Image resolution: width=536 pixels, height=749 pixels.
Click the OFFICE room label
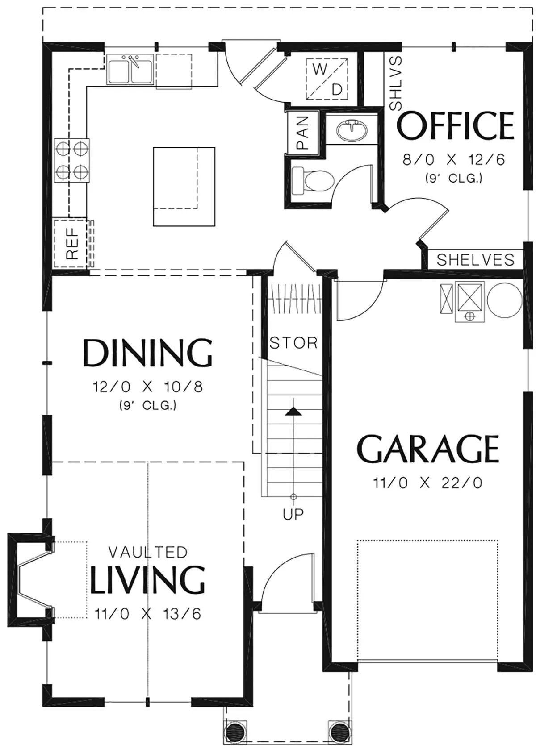coord(455,125)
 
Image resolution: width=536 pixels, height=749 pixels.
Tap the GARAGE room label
coord(428,449)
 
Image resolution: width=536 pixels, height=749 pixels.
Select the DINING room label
coord(147,353)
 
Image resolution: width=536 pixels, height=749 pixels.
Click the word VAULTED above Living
coord(147,553)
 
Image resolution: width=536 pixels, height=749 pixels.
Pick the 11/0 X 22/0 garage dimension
coord(428,483)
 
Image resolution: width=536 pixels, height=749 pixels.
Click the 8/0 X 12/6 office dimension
coord(454,160)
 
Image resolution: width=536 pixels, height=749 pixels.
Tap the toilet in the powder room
coord(313,181)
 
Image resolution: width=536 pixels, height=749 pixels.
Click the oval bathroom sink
coord(352,129)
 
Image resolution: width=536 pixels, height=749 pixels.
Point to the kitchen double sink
coord(130,70)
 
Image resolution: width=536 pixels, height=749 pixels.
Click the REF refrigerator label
coord(72,243)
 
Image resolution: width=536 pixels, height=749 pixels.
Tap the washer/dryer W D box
coord(327,79)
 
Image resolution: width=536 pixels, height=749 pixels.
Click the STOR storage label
coord(293,343)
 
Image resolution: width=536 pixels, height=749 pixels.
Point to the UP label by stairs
coord(293,514)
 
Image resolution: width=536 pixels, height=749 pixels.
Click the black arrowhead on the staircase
coord(293,412)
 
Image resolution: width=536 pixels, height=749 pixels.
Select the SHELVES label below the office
coord(475,260)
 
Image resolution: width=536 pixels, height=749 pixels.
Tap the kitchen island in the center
coord(184,187)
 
